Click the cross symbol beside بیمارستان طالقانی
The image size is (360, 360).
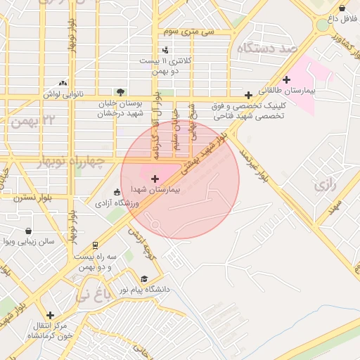click(x=286, y=79)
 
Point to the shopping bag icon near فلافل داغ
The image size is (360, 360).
click(x=342, y=8)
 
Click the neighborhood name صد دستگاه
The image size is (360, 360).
click(x=267, y=49)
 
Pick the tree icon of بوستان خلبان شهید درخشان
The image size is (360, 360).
click(x=121, y=91)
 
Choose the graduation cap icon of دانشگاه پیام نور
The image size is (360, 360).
click(x=145, y=278)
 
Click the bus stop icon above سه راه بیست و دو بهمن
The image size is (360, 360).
click(x=95, y=245)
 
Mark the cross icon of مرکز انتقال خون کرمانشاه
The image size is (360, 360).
click(x=49, y=315)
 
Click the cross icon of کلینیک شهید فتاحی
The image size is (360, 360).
click(x=248, y=95)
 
